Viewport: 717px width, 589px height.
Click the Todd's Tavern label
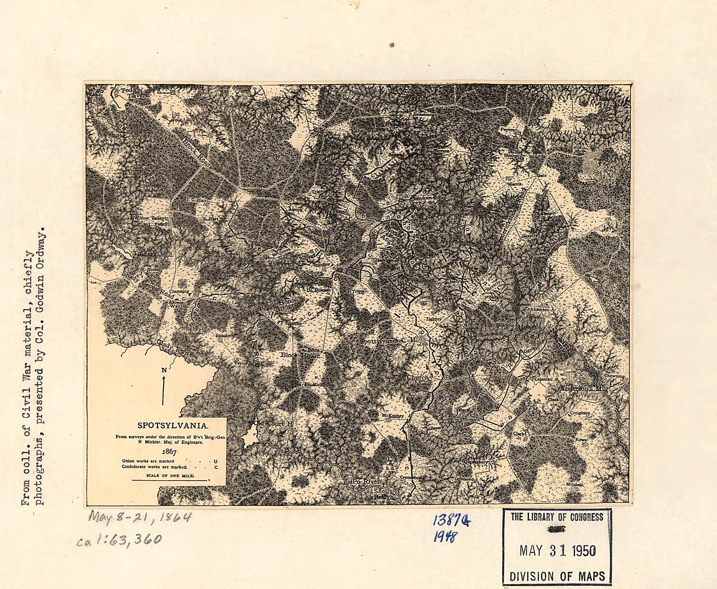click(135, 93)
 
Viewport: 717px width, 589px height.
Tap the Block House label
click(300, 355)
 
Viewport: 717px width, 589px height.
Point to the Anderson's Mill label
click(583, 389)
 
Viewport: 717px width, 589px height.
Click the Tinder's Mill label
click(153, 254)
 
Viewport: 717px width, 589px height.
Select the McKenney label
click(392, 416)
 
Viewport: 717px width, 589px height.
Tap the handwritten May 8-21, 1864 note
click(140, 516)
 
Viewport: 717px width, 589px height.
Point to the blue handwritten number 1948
click(444, 537)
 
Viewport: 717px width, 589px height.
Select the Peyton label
click(507, 129)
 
